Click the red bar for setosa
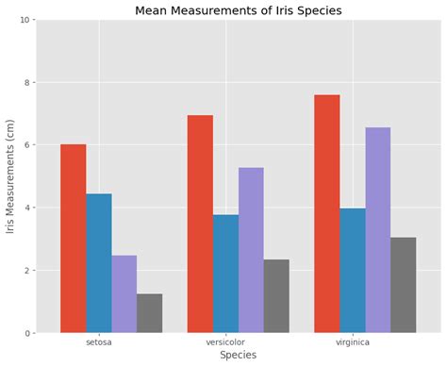(x=74, y=239)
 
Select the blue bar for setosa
(x=99, y=263)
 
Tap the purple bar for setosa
(x=124, y=294)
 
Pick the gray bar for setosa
(x=149, y=313)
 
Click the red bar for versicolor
(x=200, y=224)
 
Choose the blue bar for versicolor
(x=225, y=274)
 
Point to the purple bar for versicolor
(x=251, y=250)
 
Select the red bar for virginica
(x=327, y=213)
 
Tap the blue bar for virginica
(x=353, y=271)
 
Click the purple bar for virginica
(x=378, y=230)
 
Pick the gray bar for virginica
(x=404, y=285)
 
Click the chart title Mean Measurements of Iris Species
(x=239, y=11)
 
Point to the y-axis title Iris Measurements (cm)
(x=11, y=176)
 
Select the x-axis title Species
(x=239, y=356)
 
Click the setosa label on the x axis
(x=99, y=341)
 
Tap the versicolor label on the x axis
(x=225, y=341)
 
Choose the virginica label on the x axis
(x=353, y=341)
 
